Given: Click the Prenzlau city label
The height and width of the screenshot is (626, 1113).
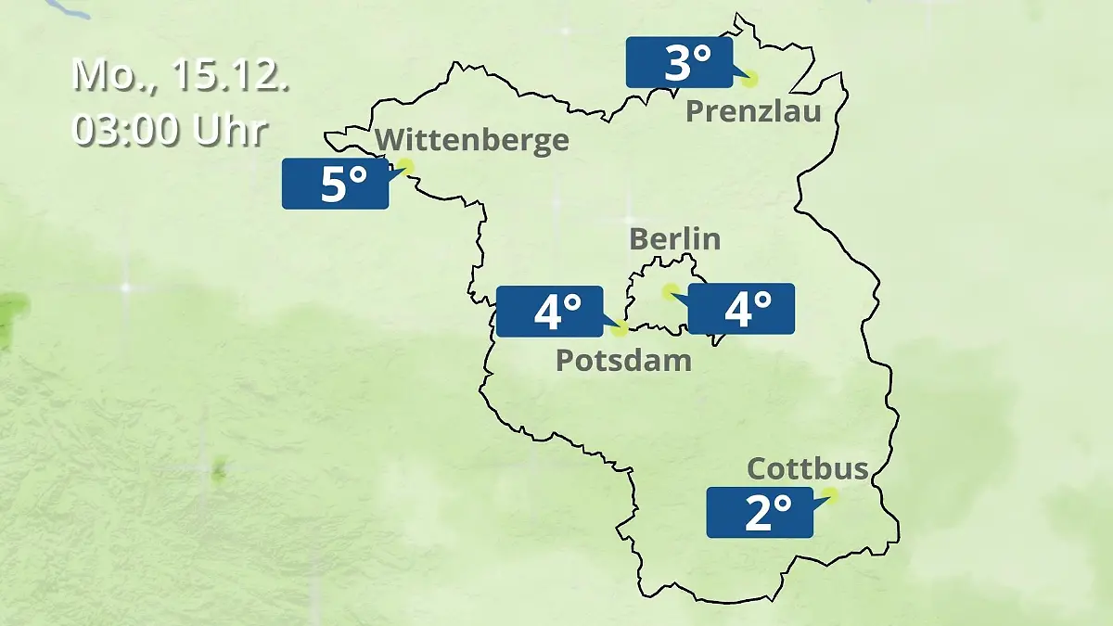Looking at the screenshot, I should point(753,112).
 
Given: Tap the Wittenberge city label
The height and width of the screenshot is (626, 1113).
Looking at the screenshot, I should point(471,140).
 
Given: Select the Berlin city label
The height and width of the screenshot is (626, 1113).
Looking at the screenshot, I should point(674,238).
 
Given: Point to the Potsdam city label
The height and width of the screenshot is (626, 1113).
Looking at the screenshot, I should point(623,360).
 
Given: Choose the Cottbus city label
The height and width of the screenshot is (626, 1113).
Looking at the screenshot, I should point(807,468).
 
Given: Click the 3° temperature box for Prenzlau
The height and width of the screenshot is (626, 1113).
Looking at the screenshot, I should point(679,63).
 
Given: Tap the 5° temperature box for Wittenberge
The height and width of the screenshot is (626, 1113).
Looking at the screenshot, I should point(335,184).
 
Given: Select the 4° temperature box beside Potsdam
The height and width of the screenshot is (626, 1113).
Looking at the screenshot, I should point(549,311).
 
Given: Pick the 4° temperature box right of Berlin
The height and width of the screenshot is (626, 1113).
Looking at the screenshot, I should point(741,309).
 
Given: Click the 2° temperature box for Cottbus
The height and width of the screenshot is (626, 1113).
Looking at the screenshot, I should point(760,512).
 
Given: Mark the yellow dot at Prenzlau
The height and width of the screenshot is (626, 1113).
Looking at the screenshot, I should point(749,80).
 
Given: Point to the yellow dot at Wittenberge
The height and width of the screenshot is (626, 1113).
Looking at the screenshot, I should point(404,167).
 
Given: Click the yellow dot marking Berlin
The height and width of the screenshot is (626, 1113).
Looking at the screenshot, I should point(669,291).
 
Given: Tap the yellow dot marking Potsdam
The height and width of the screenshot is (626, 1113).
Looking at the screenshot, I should point(620,327).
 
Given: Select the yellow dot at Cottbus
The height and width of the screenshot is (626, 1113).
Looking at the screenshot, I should point(830,495).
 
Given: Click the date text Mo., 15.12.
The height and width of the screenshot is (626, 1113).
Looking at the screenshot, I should point(181,75).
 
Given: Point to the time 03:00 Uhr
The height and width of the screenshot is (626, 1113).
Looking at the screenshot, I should point(169,130).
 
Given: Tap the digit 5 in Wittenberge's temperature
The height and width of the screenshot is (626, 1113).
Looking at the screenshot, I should point(333,185).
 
